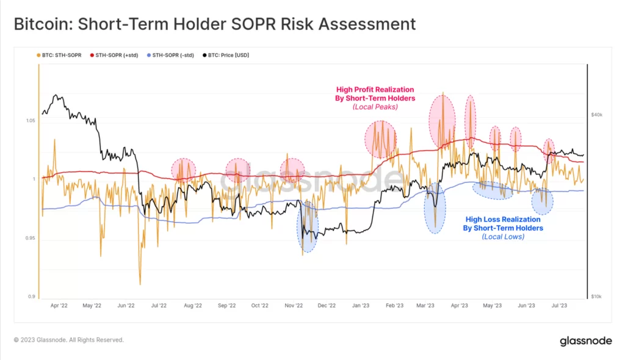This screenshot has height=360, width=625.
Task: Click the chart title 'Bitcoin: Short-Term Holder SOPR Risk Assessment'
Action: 214,24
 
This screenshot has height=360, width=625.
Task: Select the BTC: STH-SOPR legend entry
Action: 62,55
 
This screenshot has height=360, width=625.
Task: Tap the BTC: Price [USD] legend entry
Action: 228,55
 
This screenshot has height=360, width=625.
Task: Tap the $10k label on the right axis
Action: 596,297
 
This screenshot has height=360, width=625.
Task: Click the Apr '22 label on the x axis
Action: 59,305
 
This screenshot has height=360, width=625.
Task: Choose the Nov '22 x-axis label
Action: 294,305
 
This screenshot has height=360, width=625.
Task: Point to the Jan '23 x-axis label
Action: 361,305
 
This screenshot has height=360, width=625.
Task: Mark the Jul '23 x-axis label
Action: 560,305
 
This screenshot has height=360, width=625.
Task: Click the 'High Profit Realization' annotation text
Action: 375,90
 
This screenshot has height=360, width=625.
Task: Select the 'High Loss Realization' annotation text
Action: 502,219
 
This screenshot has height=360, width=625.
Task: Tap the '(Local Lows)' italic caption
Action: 502,236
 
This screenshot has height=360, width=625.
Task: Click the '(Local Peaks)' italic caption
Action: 375,107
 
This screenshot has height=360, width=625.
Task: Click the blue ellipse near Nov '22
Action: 308,226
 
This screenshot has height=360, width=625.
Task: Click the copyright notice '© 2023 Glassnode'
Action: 68,340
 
